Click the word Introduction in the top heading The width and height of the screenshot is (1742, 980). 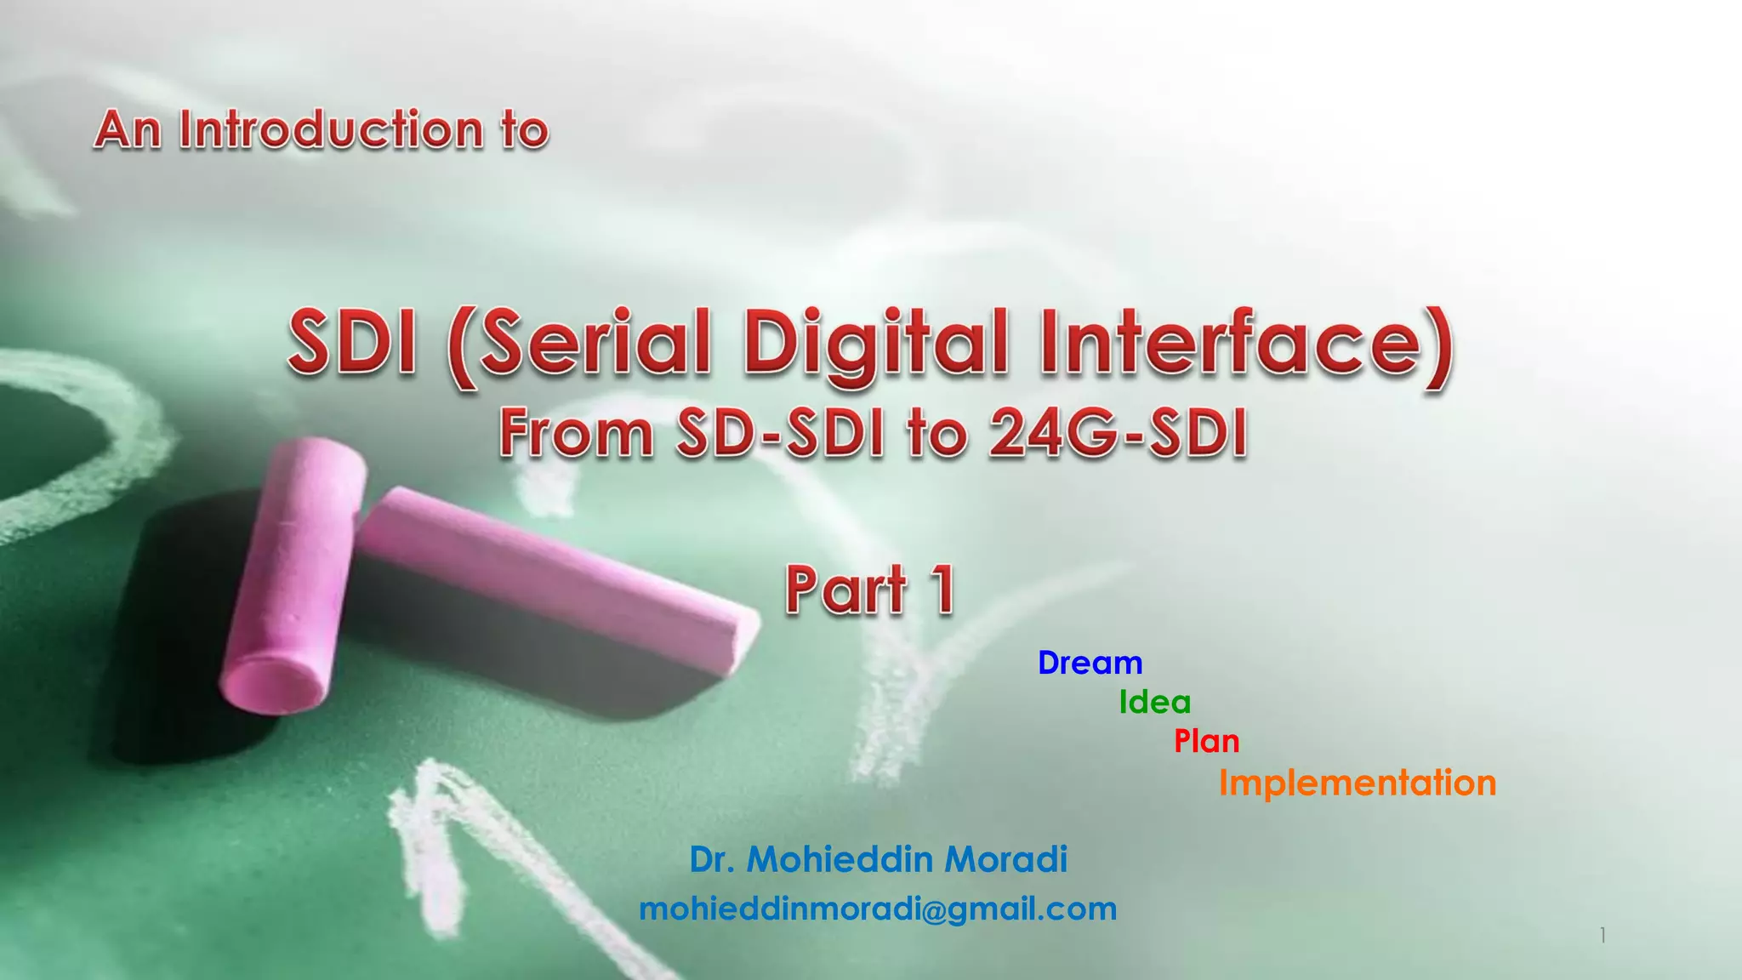click(x=331, y=130)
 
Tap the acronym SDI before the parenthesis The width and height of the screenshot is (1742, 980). click(x=353, y=343)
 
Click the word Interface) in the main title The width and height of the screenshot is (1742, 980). click(x=1246, y=343)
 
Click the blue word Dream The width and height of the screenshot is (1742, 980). click(x=1090, y=663)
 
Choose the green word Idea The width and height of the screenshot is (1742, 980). click(x=1154, y=703)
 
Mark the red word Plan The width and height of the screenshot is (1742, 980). click(x=1206, y=742)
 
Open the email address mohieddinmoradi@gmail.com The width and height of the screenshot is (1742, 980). click(x=878, y=909)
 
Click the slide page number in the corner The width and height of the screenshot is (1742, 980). click(x=1603, y=936)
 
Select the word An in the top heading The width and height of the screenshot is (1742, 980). click(x=128, y=130)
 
